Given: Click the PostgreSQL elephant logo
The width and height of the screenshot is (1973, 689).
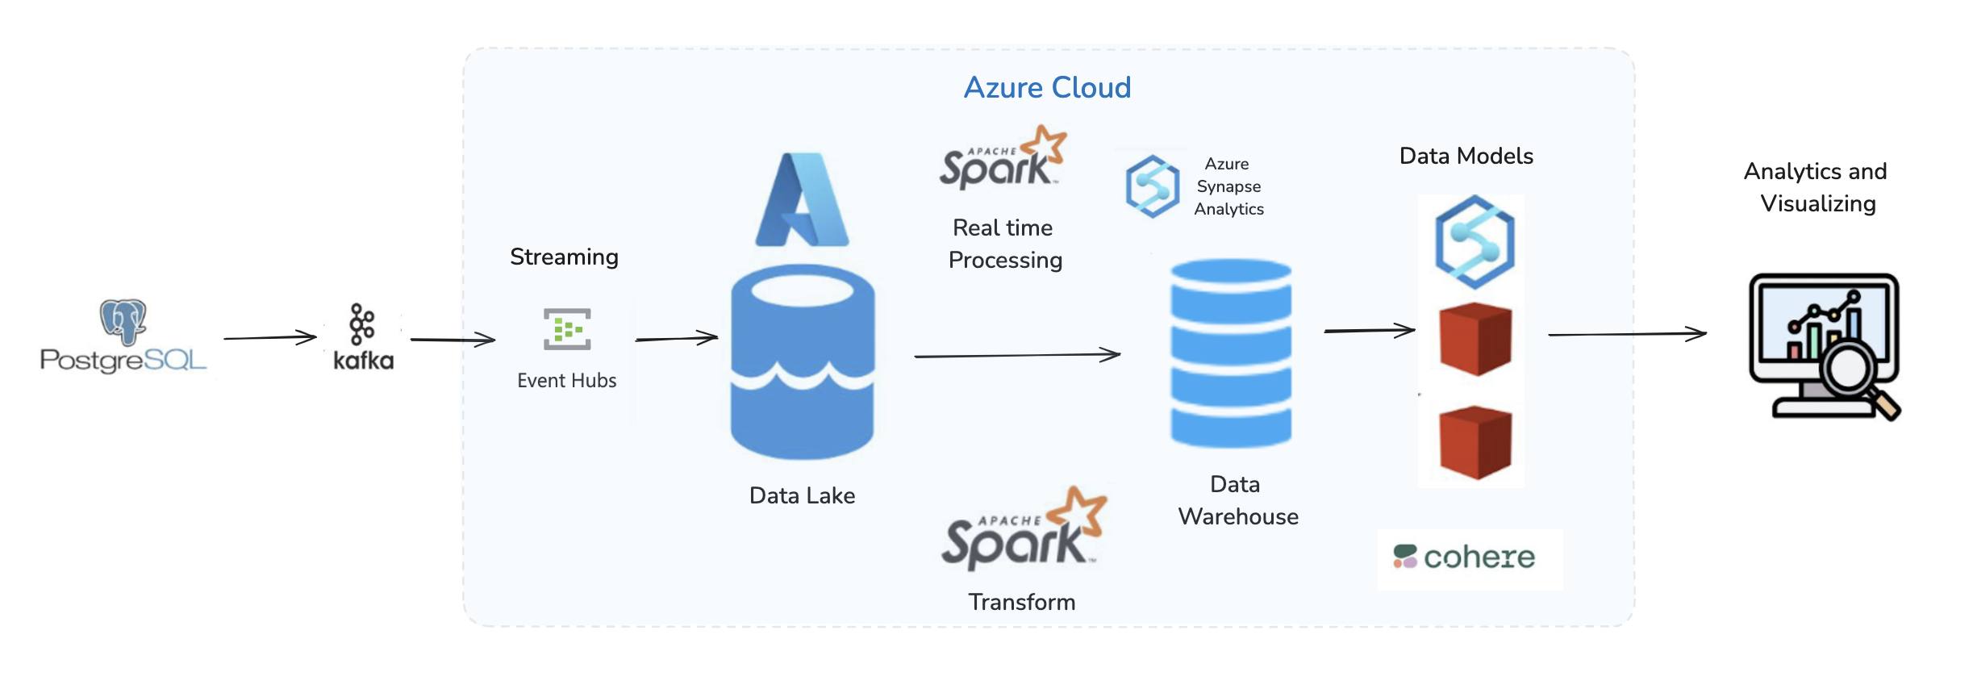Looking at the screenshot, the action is point(123,321).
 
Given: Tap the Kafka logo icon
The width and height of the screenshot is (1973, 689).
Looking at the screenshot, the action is point(362,324).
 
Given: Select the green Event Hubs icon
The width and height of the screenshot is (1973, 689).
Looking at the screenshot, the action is point(567,329).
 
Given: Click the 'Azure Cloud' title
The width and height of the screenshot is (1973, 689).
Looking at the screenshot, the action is point(1047,87).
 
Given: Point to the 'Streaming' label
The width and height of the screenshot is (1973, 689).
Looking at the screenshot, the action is point(564,257).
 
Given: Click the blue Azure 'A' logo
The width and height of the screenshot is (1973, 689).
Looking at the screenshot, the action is point(802,199).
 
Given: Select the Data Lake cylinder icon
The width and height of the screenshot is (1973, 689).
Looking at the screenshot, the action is point(803,362).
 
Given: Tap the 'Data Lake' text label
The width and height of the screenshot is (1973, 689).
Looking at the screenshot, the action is point(802,495).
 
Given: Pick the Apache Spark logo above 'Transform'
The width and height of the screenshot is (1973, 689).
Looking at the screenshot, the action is point(1024,528).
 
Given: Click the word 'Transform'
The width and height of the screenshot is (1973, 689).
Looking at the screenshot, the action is point(1021,602).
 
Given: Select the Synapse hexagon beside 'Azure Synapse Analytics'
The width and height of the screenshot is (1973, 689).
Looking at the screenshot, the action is point(1153,186).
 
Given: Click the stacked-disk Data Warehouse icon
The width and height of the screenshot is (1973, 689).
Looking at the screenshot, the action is point(1231,353).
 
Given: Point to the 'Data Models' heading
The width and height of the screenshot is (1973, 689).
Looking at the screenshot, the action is point(1466,156).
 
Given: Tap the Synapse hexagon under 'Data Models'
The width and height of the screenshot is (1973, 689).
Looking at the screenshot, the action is point(1475,242).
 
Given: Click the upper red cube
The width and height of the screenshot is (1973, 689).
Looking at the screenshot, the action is point(1475,339).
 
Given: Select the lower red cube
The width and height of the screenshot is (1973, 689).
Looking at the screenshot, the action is point(1475,442).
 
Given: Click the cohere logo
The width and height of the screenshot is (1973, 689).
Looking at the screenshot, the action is point(1464,557).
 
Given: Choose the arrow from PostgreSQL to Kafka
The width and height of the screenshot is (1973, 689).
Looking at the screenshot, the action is point(270,337).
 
